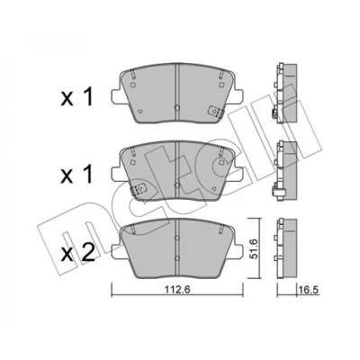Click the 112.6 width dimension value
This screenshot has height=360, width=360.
(177, 290)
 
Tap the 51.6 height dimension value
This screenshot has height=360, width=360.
(254, 248)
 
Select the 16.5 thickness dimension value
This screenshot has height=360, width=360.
(308, 290)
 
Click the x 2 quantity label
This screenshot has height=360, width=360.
(77, 255)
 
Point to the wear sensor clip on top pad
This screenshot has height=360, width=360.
(215, 112)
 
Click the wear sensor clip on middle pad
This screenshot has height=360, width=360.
(139, 189)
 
